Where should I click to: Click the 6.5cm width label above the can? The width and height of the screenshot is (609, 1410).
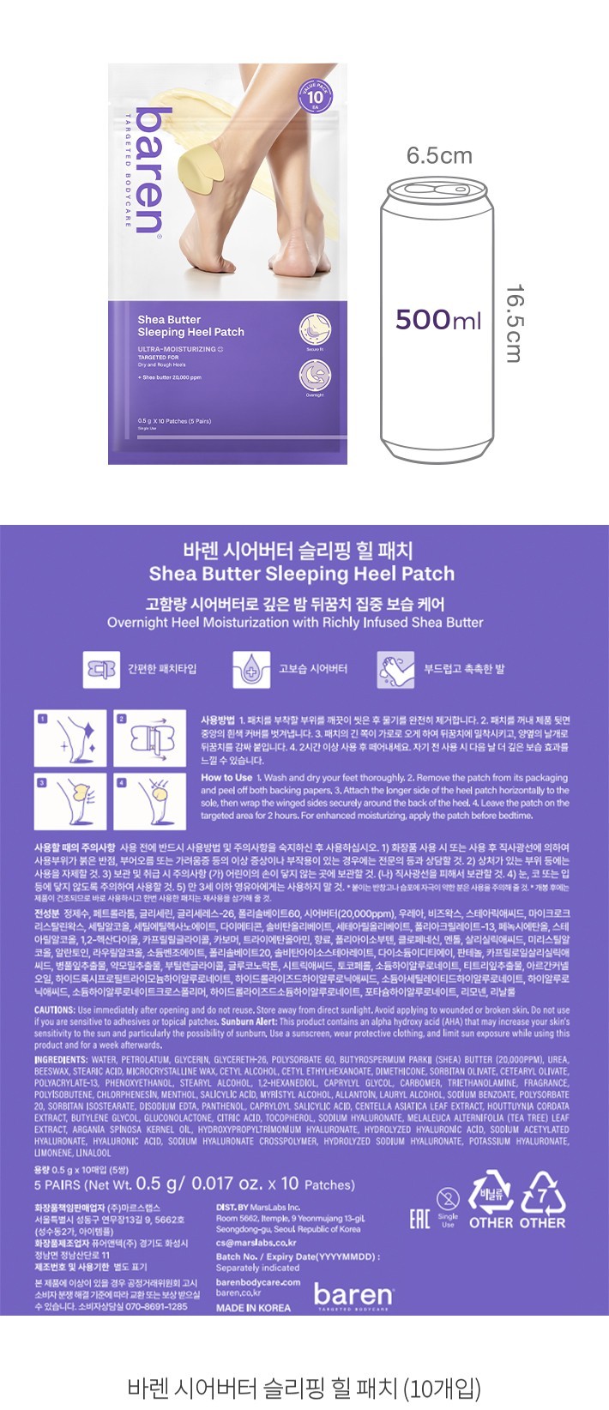click(x=438, y=155)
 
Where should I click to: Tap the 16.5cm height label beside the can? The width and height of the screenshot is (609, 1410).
click(x=512, y=323)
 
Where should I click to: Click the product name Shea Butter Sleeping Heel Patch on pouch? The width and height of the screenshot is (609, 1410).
click(x=190, y=326)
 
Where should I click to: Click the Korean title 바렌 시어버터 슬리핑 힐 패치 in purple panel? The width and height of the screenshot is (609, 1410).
click(x=298, y=550)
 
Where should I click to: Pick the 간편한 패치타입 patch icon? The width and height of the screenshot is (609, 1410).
click(x=99, y=669)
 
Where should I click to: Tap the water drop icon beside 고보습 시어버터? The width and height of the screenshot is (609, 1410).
click(x=250, y=669)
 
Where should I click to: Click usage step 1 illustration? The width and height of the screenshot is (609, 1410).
click(x=70, y=738)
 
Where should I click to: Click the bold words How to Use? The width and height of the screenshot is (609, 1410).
click(x=226, y=778)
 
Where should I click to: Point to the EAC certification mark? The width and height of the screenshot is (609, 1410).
click(x=419, y=1218)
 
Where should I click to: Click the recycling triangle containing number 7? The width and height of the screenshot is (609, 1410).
click(x=542, y=1194)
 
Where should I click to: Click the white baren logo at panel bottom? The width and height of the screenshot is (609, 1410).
click(x=353, y=1294)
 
